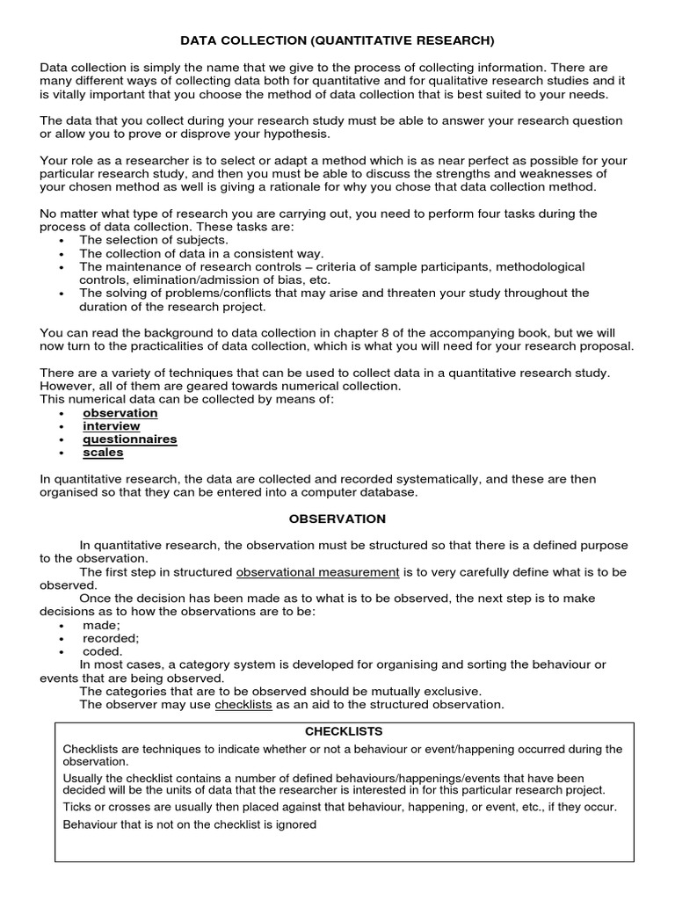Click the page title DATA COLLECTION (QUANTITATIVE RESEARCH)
(337, 40)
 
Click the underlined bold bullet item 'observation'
(120, 413)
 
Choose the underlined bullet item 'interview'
(112, 426)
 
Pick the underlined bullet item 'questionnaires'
(130, 439)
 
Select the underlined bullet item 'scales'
(103, 453)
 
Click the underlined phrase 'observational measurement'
(318, 572)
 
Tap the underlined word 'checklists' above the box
(243, 705)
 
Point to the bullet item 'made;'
(101, 625)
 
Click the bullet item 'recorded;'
(111, 638)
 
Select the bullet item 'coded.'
(103, 651)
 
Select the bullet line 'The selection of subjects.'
(154, 240)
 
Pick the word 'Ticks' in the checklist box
(77, 807)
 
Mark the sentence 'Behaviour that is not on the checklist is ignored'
(190, 825)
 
